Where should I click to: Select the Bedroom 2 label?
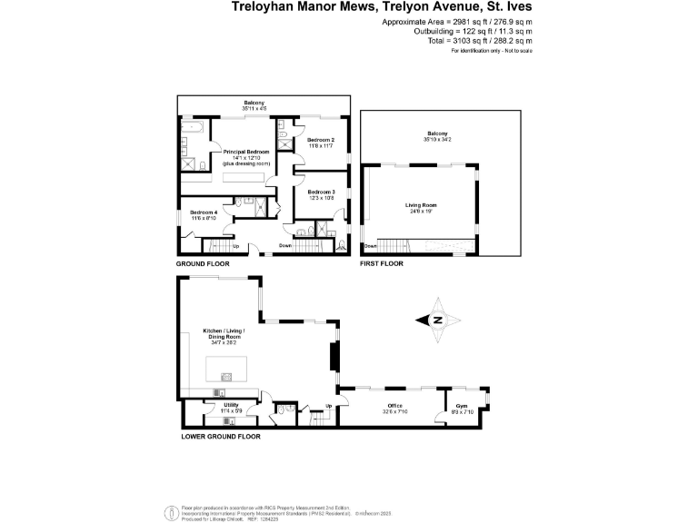pos(321,140)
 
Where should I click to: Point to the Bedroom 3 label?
pos(321,192)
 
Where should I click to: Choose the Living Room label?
pos(421,205)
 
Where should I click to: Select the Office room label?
pos(394,406)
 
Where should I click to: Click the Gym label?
pos(462,406)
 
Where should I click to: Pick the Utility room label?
pos(231,405)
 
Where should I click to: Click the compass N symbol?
pos(437,320)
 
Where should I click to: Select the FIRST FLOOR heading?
pos(382,263)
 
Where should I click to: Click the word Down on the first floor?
pos(370,246)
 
